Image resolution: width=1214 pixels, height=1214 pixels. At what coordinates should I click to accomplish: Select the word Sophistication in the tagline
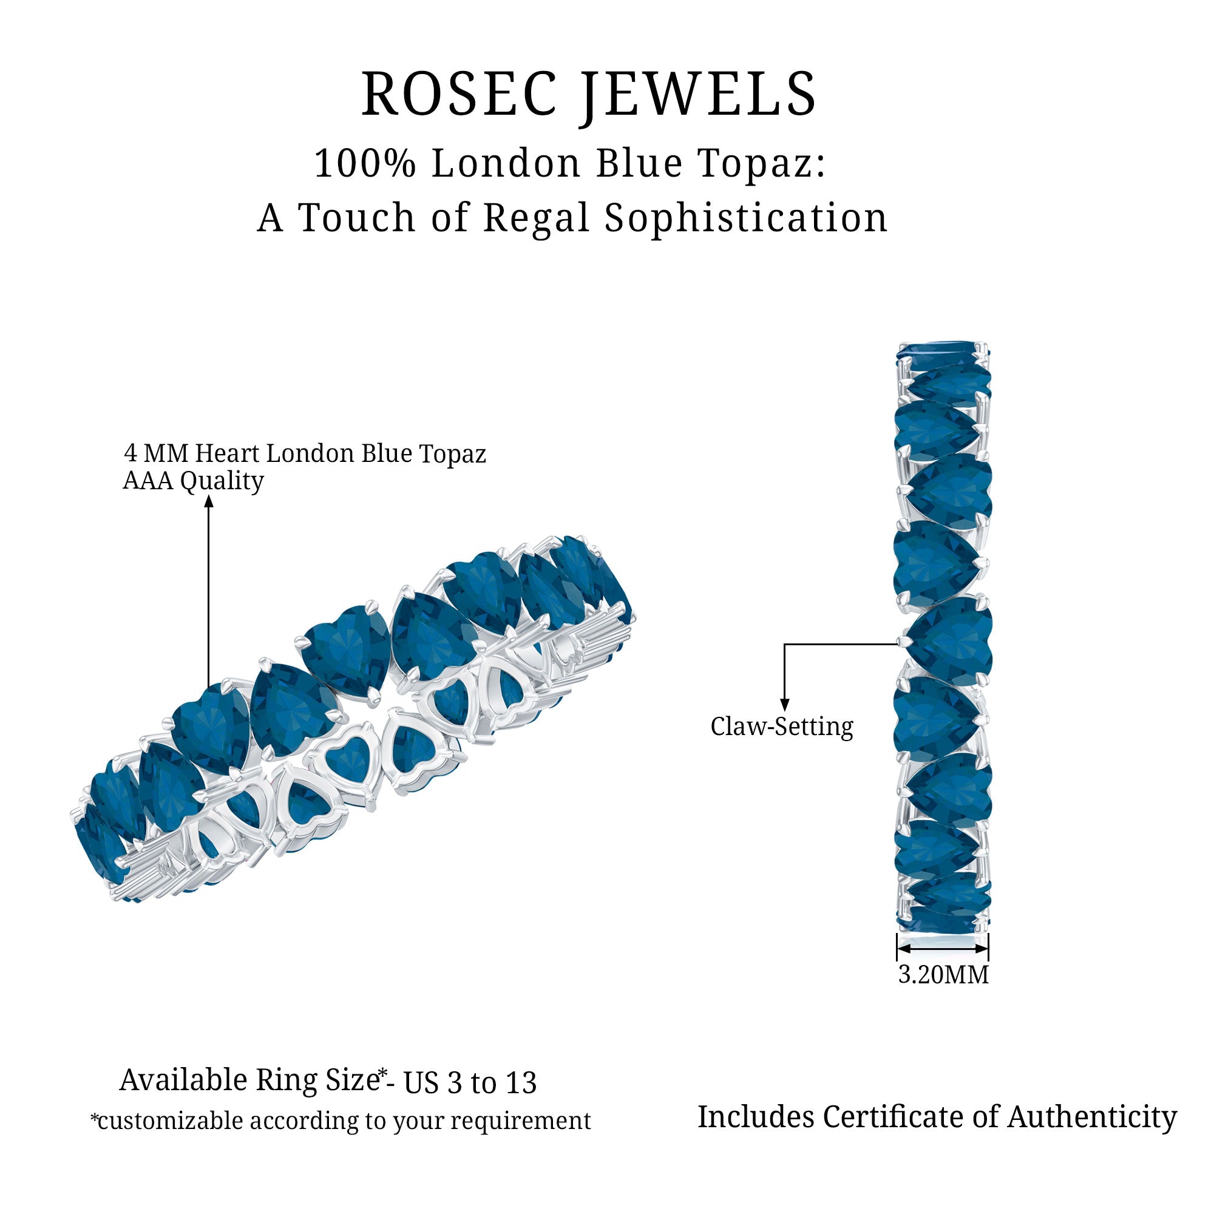[746, 218]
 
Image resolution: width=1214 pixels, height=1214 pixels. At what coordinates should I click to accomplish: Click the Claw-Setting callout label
[782, 727]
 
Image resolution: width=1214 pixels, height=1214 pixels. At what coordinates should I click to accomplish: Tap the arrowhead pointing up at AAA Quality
[209, 501]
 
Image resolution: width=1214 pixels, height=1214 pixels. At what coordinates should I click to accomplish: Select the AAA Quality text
[193, 481]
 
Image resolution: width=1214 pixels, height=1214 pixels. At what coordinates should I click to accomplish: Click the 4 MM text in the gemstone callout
[157, 453]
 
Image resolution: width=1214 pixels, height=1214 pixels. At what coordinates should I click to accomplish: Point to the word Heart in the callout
[226, 453]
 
